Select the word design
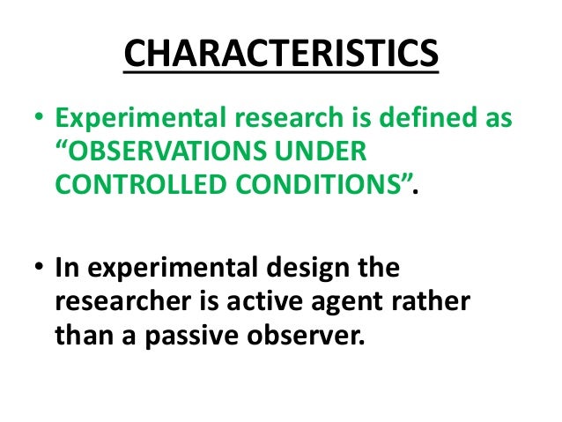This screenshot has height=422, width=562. tap(306, 268)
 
